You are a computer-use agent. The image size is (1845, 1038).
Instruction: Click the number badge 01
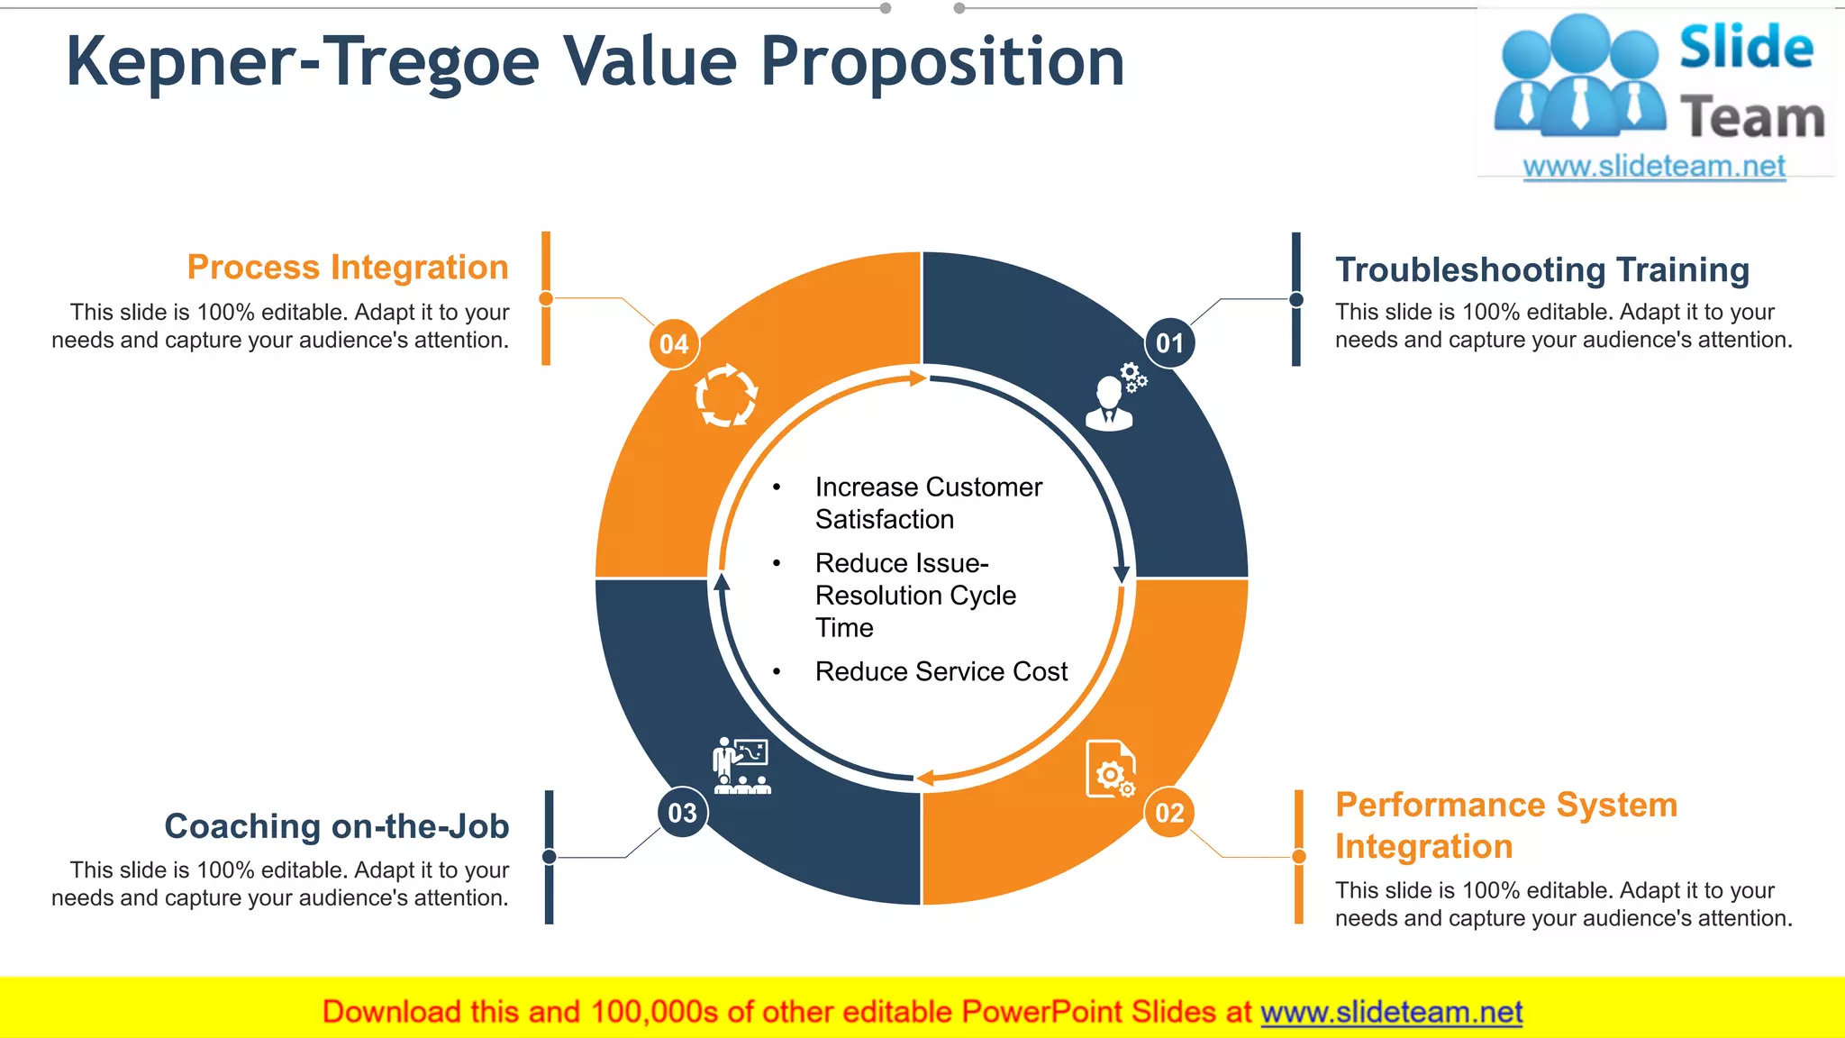(x=1169, y=343)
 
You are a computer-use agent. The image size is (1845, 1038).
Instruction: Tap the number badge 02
(x=1169, y=813)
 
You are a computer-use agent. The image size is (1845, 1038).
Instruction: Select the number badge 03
(x=682, y=813)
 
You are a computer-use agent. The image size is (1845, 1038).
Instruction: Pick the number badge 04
(x=674, y=344)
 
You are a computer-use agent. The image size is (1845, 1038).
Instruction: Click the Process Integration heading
(x=348, y=268)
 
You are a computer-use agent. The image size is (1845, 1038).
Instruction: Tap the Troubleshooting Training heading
(x=1541, y=269)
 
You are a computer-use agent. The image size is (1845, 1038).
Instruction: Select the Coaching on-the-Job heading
(x=336, y=826)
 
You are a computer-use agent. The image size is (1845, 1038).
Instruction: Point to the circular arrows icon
(x=726, y=395)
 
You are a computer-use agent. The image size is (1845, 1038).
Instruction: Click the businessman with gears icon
(x=1115, y=398)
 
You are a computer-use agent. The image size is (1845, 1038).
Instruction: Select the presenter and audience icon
(x=741, y=766)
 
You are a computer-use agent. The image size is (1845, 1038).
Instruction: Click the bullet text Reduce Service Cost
(x=941, y=671)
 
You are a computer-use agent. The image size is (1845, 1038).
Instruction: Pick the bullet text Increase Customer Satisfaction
(x=928, y=503)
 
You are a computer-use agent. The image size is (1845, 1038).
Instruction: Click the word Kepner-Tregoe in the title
(x=302, y=62)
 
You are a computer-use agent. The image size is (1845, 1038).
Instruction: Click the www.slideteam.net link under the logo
(x=1654, y=167)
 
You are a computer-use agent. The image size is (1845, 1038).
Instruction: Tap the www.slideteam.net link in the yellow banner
(x=1391, y=1012)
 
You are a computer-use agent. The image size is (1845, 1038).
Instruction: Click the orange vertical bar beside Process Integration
(x=546, y=298)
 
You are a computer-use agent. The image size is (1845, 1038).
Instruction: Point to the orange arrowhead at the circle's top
(x=918, y=378)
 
